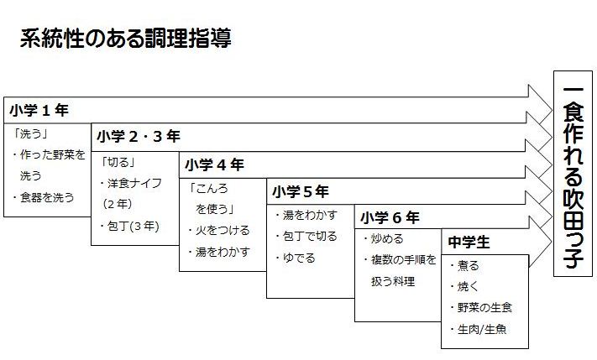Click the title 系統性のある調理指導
coord(125,38)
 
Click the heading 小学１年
coord(39,111)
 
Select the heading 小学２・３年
coord(139,136)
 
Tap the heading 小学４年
coord(214,164)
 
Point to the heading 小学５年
coord(301,191)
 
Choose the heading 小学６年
coord(390,217)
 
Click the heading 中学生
coord(469,242)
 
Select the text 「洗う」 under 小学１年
coord(30,133)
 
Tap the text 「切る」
coord(118,163)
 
